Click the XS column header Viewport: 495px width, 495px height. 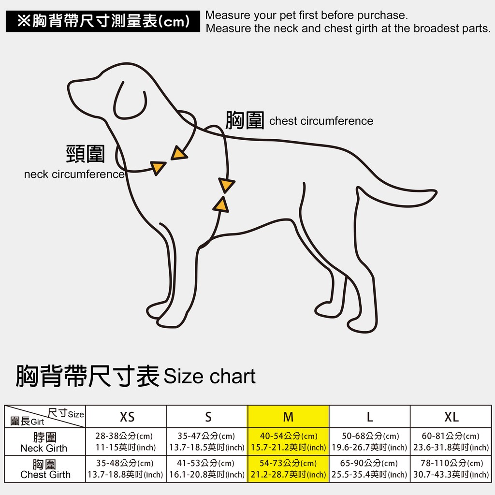coord(127,417)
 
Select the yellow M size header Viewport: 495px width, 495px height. coord(288,417)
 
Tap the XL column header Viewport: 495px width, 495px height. coord(451,417)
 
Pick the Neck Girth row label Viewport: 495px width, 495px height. coord(44,442)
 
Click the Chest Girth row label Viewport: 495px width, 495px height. coord(44,469)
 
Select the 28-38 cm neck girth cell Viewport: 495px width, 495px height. coord(126,442)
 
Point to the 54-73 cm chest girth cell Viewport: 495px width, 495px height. coord(288,469)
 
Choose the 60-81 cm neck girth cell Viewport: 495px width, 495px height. coord(451,442)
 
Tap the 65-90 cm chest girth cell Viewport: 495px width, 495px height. coord(369,469)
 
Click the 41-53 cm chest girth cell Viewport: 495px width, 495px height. coord(207,469)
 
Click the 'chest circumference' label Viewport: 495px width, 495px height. coord(321,121)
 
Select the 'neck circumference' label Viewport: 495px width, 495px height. coord(74,174)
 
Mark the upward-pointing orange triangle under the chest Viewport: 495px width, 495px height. coord(221,205)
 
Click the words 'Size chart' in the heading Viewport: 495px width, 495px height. coord(210,376)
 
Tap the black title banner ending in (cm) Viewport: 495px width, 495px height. coord(103,21)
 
